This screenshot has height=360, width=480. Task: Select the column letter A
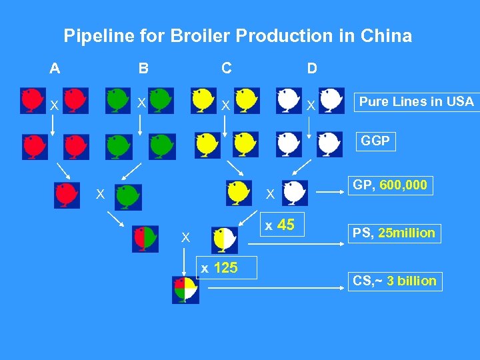coord(55,67)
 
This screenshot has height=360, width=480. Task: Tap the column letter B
coord(143,68)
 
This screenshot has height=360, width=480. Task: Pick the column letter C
coord(227,67)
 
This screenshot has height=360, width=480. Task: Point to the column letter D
coord(311,68)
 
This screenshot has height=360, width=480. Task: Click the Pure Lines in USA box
coord(416,101)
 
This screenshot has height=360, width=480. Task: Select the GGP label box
coord(375,141)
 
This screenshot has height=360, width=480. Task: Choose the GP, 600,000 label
coord(389,185)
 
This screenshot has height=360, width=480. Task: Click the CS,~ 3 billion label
coord(395,281)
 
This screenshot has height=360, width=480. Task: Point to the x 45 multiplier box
coord(280,225)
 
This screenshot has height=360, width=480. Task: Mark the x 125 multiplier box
coord(219,268)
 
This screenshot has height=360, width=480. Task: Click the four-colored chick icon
coord(185,289)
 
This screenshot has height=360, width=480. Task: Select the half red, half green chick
coord(145,238)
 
